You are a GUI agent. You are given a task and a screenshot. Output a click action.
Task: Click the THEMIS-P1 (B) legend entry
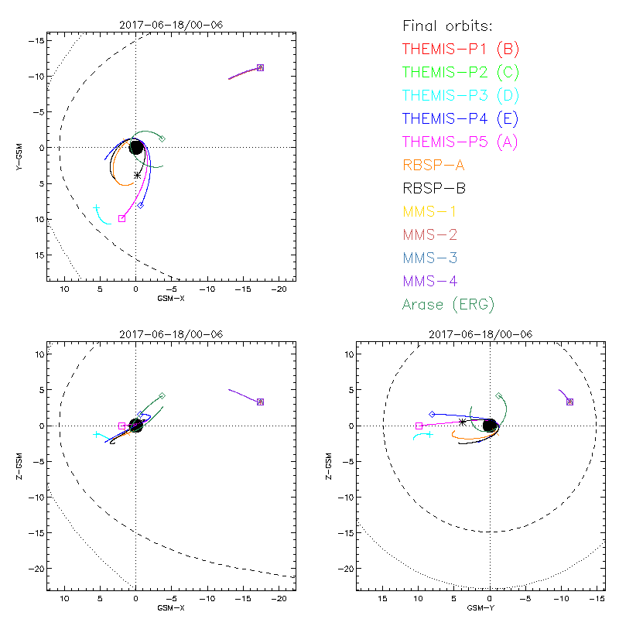(x=460, y=49)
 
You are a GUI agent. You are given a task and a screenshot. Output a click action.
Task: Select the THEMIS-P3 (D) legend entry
(x=460, y=95)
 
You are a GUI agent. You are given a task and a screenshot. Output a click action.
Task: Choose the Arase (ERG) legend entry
(x=448, y=303)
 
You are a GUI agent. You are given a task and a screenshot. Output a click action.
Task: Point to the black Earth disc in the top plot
(x=136, y=147)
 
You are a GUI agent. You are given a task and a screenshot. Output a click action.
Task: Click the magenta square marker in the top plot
(x=121, y=218)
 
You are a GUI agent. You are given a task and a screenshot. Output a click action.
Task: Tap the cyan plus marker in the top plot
(x=97, y=208)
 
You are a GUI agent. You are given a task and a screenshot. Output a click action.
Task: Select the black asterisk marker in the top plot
(x=138, y=175)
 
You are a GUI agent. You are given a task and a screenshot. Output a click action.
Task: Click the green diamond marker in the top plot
(x=162, y=139)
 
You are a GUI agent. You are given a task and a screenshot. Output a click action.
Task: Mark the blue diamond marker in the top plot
(x=141, y=205)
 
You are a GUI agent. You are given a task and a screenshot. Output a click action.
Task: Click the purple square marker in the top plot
(x=260, y=67)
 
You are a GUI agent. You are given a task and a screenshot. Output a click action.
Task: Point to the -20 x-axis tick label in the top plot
(x=281, y=289)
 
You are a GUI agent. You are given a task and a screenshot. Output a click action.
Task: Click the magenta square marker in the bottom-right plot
(x=419, y=426)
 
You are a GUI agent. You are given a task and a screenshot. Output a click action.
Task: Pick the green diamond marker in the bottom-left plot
(x=162, y=395)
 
